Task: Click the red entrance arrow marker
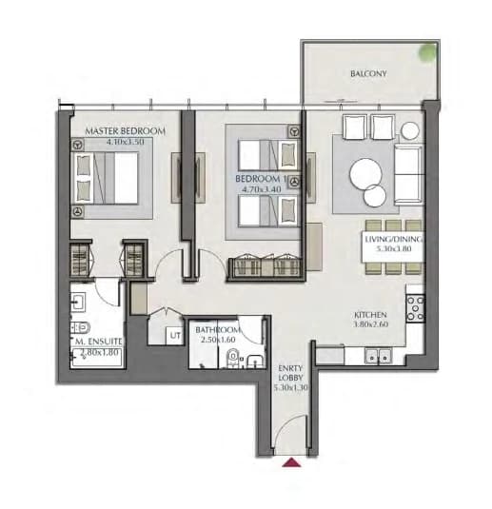coord(291,462)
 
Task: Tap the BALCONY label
coord(368,73)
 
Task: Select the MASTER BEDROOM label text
coord(125,131)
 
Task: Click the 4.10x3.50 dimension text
coord(125,142)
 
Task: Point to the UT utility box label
coord(175,335)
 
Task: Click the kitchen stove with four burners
coord(415,308)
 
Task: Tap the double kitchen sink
coord(378,356)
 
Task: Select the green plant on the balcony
coord(427,52)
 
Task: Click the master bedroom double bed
coord(106,178)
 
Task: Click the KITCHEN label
coord(370,315)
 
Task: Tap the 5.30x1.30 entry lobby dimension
coord(290,387)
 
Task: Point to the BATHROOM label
coord(218,330)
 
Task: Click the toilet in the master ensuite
coord(80,327)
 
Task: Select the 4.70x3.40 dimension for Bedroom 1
coord(262,189)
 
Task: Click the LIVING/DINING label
coord(394,239)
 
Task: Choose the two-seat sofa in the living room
coord(409,175)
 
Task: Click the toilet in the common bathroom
coord(233,357)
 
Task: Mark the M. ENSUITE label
coord(98,342)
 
